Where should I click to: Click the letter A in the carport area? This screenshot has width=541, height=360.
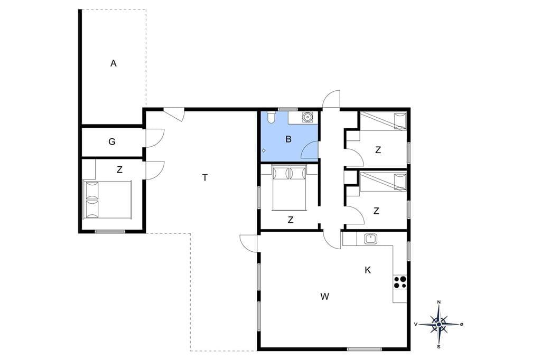click(x=114, y=63)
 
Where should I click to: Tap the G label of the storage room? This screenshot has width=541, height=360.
click(x=112, y=141)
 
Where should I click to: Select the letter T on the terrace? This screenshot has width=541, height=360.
click(x=205, y=178)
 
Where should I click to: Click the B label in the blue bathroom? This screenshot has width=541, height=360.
click(x=289, y=139)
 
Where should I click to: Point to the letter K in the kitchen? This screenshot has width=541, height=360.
click(x=368, y=270)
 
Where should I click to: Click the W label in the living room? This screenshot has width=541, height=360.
click(x=325, y=296)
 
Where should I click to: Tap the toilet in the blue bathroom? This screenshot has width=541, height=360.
click(x=272, y=117)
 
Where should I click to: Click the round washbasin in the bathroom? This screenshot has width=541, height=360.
click(x=307, y=117)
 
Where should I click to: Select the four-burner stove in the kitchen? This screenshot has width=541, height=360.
click(x=400, y=282)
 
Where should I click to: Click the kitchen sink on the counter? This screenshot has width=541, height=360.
click(x=370, y=239)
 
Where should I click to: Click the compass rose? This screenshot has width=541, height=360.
click(x=439, y=325)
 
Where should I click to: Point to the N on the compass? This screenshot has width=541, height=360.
click(x=439, y=302)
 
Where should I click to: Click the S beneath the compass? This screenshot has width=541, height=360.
click(x=439, y=347)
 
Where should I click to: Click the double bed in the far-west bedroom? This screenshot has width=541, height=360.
click(x=107, y=200)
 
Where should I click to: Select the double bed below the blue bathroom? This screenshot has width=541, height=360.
click(x=290, y=187)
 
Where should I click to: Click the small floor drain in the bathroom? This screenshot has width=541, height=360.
click(x=264, y=150)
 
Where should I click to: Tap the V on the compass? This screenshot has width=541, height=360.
click(x=416, y=324)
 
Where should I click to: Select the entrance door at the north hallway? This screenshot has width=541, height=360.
click(x=331, y=99)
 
